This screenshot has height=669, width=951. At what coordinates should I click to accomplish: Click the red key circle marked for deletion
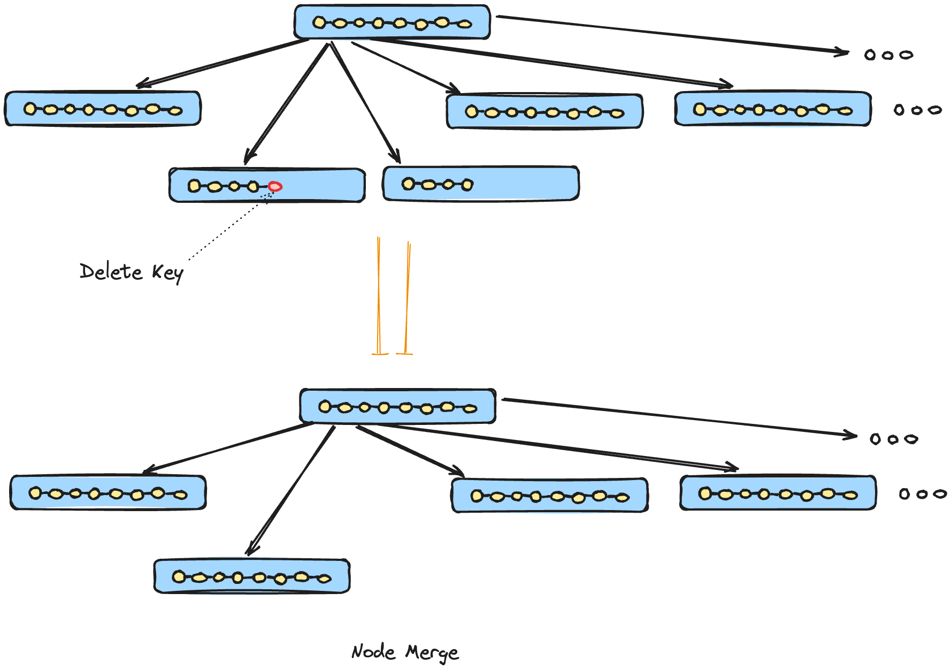click(x=275, y=186)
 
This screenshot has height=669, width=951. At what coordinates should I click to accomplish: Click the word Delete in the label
click(x=111, y=272)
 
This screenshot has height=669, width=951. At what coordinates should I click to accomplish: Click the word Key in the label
click(x=167, y=273)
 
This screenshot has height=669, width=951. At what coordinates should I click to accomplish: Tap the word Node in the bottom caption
click(x=373, y=652)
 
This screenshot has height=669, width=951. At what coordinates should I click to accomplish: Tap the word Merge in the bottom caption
click(x=432, y=653)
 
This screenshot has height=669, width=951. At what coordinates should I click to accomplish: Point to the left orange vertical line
click(x=379, y=294)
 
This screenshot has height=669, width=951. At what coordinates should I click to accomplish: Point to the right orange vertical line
click(x=407, y=297)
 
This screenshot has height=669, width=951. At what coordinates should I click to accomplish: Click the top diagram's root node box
click(x=392, y=22)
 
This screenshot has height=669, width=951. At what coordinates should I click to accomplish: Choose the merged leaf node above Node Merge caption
click(x=251, y=577)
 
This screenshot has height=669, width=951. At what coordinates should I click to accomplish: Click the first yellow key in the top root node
click(x=319, y=22)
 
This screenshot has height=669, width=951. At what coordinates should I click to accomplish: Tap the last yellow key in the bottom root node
click(x=470, y=409)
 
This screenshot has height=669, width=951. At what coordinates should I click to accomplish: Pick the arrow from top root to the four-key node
click(x=365, y=102)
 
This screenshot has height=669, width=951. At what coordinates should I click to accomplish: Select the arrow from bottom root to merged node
click(x=292, y=490)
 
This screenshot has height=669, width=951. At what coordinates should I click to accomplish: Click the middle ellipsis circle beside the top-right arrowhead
click(x=888, y=55)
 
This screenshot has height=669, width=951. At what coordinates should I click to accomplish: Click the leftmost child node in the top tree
click(x=103, y=109)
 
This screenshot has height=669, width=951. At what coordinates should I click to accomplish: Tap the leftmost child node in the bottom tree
click(x=108, y=492)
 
